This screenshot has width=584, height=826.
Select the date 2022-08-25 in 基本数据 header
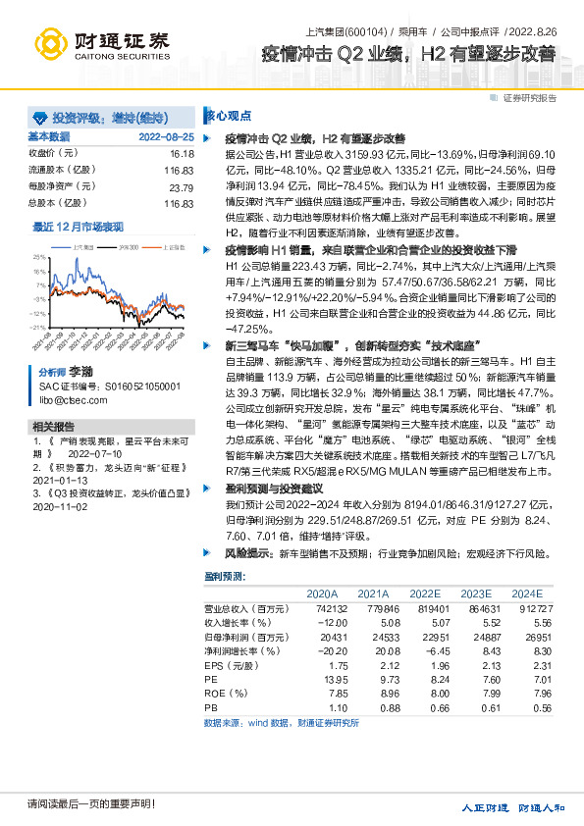[x=166, y=137]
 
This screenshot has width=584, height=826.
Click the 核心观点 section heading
[x=228, y=115]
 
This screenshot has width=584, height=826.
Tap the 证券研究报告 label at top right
[x=530, y=98]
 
